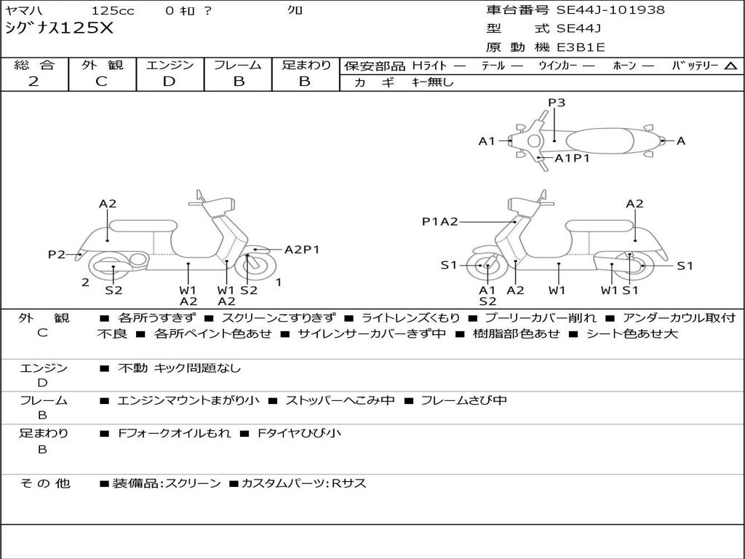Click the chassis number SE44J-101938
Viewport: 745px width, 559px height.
coord(610,10)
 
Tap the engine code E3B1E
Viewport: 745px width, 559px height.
coord(581,47)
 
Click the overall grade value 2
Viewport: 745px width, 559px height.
coord(33,82)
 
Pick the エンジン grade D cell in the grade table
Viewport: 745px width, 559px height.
coord(170,82)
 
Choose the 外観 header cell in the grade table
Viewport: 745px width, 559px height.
coord(102,65)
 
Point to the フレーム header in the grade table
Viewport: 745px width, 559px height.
coord(238,65)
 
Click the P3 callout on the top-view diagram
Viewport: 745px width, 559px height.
coord(557,103)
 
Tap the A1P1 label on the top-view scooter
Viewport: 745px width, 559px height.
coord(572,158)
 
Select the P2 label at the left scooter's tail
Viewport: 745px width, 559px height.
coord(57,254)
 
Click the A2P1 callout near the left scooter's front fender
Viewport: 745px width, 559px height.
coord(302,250)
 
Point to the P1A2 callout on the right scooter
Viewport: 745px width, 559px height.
coord(440,221)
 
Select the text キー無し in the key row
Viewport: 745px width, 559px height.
coord(432,82)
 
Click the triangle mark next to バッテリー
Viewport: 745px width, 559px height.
coord(731,66)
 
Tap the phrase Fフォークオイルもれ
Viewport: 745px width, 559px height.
coord(175,433)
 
